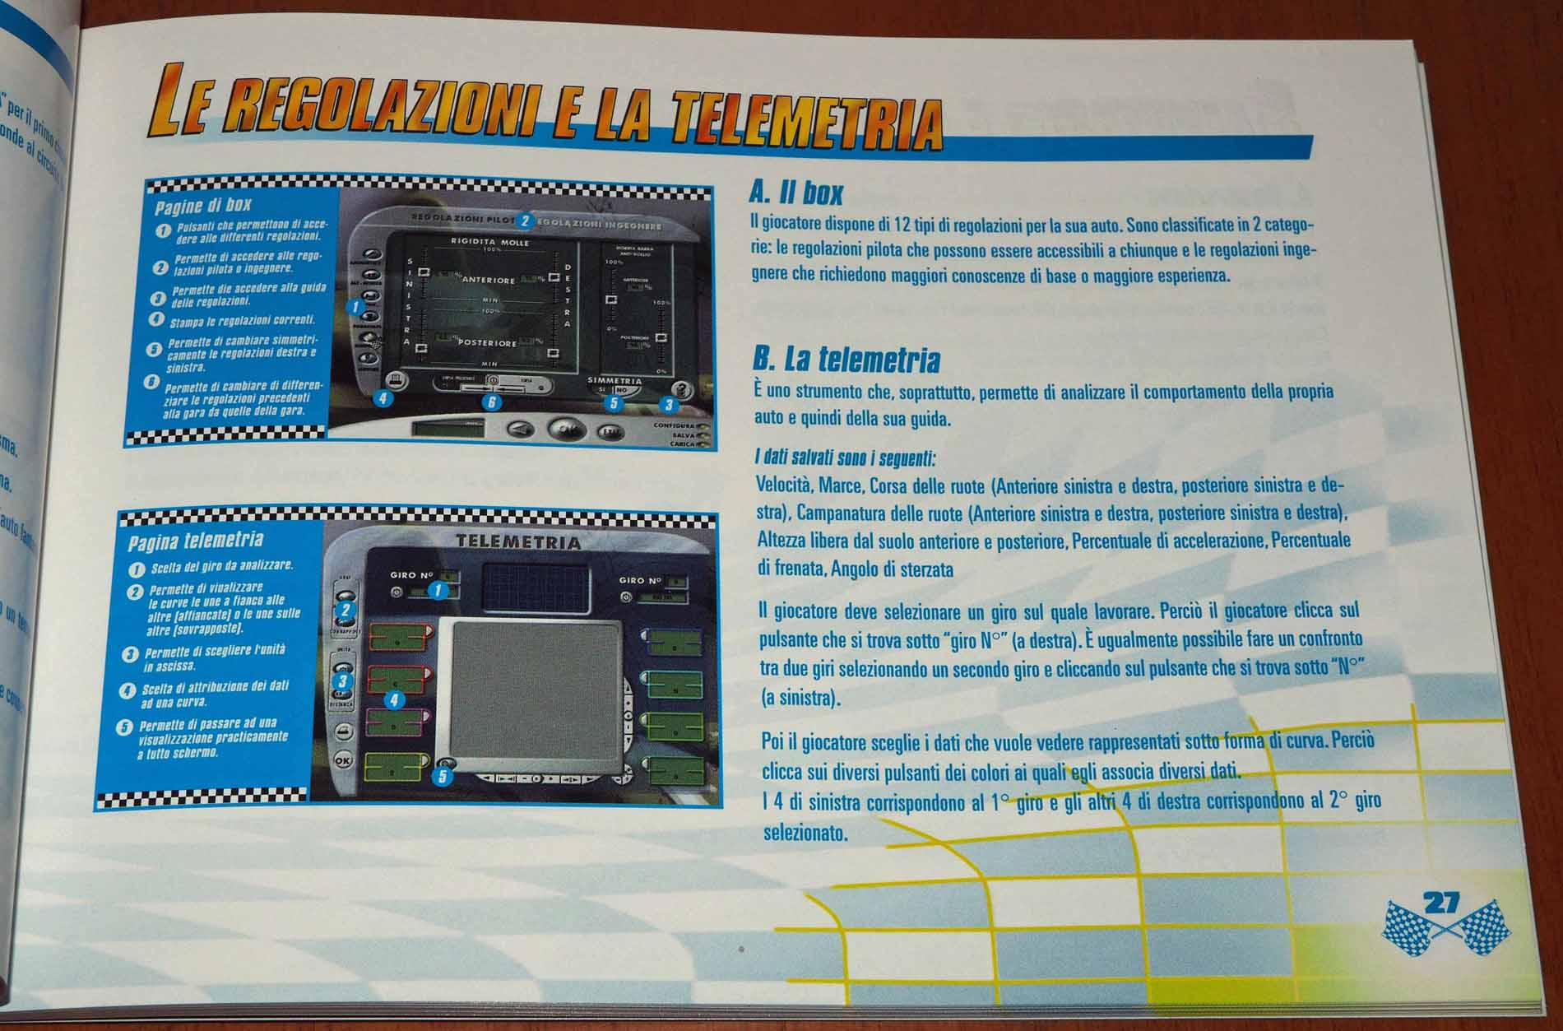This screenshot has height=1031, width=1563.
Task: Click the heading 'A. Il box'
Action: [796, 194]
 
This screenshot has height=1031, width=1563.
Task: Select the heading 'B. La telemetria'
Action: [846, 360]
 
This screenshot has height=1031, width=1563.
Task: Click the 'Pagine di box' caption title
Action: [203, 204]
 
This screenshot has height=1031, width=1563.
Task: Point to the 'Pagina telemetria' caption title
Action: [196, 541]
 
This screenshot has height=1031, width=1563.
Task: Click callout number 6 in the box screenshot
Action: [491, 403]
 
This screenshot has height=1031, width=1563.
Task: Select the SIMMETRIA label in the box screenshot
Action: [614, 382]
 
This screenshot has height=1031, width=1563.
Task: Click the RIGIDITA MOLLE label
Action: [489, 243]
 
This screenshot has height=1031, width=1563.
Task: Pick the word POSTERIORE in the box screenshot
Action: [488, 343]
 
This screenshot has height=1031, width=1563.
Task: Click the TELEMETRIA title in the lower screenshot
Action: [518, 543]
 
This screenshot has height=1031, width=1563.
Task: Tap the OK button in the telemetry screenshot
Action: [343, 761]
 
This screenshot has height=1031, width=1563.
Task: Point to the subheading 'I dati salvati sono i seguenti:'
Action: [845, 457]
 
